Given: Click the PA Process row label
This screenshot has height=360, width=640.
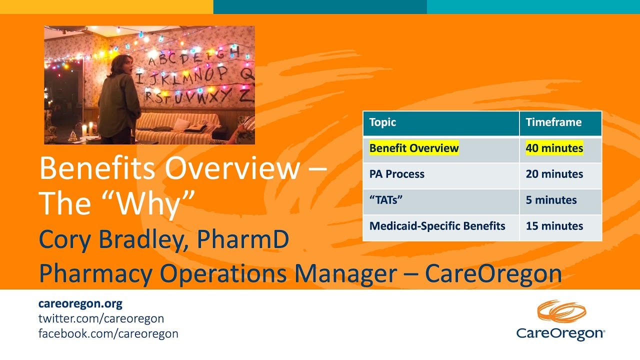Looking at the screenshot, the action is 396,174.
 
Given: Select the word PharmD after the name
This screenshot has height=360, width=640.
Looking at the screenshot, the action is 243,239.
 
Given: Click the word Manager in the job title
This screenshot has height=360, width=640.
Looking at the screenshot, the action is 345,273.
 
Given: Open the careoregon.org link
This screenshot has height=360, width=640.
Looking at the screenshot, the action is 80,303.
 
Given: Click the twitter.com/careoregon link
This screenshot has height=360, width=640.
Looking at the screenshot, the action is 101,318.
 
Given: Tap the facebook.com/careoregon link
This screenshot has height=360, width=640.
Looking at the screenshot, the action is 108,333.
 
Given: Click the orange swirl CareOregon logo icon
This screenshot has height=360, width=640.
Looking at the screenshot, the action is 561,311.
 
